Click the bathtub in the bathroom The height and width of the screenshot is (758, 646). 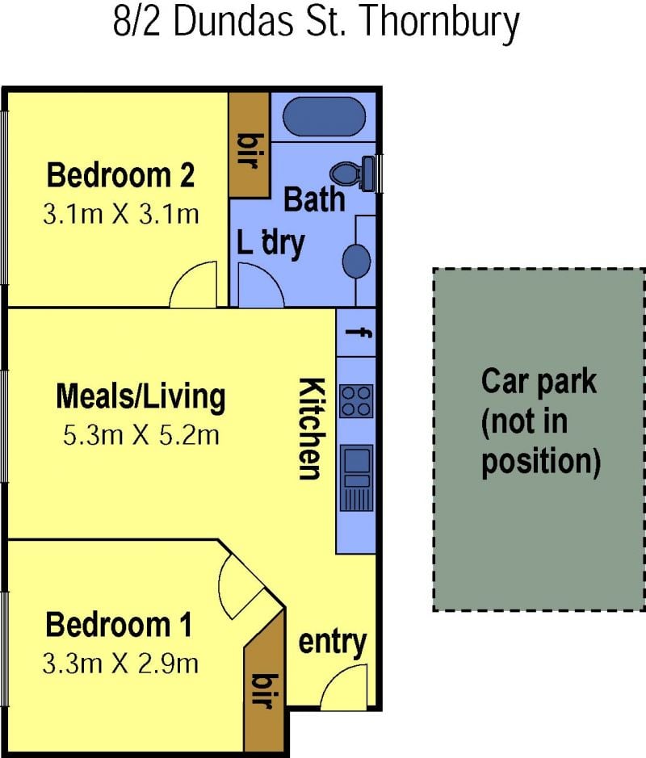(x=325, y=118)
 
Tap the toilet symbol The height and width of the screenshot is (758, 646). (x=352, y=173)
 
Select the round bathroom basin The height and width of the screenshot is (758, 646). (x=357, y=261)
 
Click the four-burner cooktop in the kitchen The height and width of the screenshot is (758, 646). (x=357, y=400)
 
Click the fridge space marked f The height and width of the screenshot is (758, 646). (x=356, y=333)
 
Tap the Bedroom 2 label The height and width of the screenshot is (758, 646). (x=120, y=175)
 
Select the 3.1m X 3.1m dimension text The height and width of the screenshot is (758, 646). (x=121, y=214)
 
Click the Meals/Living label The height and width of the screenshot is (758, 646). (x=141, y=397)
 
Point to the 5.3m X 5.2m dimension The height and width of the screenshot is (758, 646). (x=141, y=435)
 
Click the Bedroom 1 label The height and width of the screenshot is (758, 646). (x=119, y=625)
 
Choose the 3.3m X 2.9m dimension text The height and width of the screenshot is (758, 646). (x=120, y=664)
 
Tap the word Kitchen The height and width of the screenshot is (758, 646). (x=310, y=429)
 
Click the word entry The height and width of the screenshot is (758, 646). (x=332, y=643)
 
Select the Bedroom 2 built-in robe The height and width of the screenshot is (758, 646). (x=249, y=144)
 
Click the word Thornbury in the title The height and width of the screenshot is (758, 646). (x=440, y=23)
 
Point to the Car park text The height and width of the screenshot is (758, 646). (x=539, y=382)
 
